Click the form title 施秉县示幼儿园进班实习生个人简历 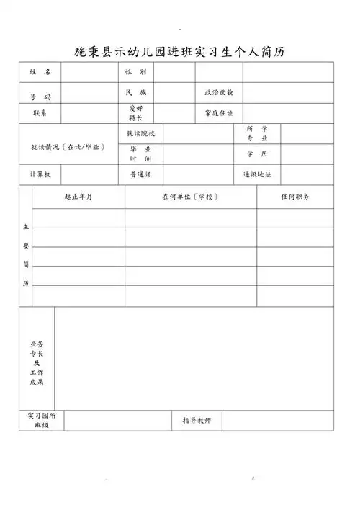pos(180,51)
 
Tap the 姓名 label pos(40,73)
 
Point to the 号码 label pos(40,97)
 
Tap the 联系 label pos(40,113)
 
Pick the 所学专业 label pos(257,133)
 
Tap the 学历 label pos(257,154)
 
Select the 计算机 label pos(40,174)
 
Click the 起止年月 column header pos(78,197)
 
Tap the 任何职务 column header pos(295,197)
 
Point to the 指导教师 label pos(197,420)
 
